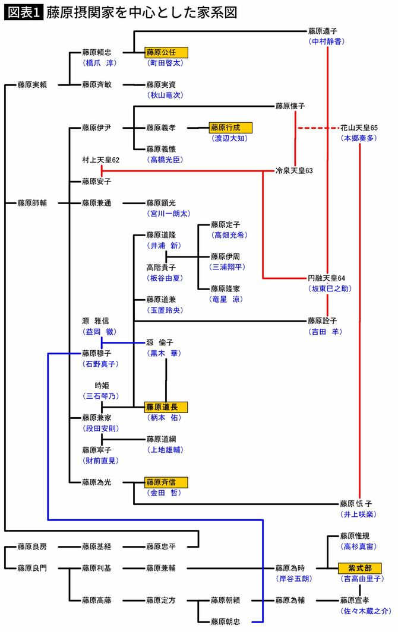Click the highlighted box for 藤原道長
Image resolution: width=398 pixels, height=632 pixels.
166,407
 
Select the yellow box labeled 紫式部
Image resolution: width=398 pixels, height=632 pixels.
359,567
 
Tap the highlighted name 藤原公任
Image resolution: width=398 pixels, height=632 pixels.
166,52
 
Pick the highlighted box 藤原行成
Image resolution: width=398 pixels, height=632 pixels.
230,128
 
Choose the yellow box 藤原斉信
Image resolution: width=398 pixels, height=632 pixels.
166,482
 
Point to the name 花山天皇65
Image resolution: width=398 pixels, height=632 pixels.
359,128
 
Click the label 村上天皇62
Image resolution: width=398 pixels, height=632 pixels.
101,160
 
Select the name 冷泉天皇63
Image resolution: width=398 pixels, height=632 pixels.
294,171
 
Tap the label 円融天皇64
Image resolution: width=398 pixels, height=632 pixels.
326,278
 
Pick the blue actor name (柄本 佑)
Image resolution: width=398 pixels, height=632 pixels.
166,418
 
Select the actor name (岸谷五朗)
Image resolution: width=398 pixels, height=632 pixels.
295,579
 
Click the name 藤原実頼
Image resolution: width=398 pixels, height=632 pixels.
33,85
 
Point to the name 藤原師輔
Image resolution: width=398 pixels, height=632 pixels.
33,203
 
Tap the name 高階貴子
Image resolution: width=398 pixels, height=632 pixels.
161,268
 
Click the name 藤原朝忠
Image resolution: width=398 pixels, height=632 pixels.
225,622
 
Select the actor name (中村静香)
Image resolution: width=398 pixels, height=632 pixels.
326,42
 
